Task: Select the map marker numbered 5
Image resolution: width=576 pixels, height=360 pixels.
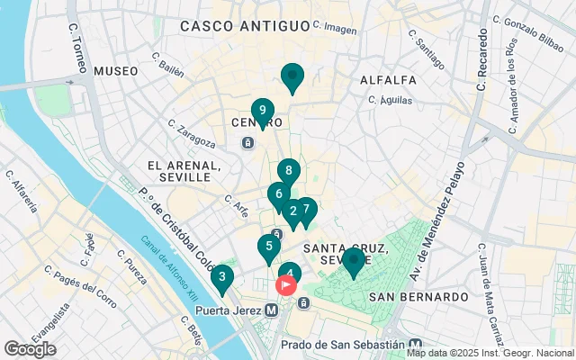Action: (268, 246)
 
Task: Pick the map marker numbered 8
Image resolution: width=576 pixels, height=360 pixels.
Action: (288, 170)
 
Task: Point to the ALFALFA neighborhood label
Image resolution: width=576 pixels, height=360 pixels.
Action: (387, 80)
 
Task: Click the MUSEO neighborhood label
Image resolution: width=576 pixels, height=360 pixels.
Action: (116, 70)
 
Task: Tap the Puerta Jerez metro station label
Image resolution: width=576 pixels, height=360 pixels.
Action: (229, 310)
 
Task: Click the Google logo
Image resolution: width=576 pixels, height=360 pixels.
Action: (30, 348)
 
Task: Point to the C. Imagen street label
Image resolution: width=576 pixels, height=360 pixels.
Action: (337, 30)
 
